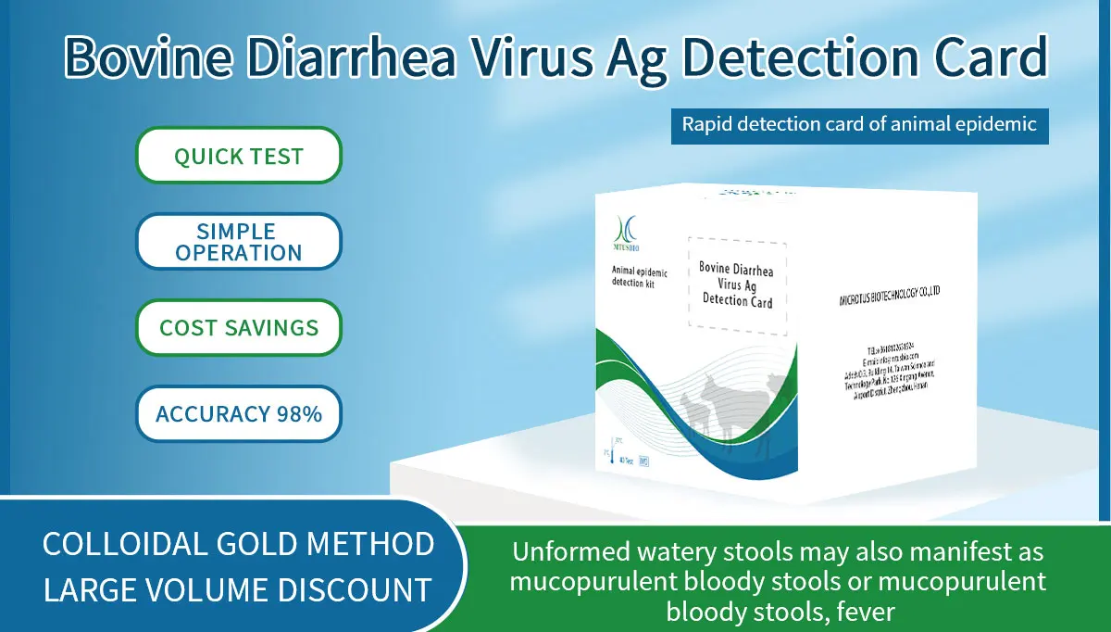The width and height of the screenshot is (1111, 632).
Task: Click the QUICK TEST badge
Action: click(239, 156)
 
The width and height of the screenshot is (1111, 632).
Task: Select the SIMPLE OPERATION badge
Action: click(239, 242)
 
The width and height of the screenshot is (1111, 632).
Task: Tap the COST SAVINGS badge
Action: click(239, 328)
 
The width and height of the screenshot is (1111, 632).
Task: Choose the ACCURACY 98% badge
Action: click(239, 413)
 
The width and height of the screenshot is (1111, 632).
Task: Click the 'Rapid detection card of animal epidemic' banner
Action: click(859, 124)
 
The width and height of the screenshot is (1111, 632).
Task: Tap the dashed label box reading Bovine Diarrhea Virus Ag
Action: click(736, 284)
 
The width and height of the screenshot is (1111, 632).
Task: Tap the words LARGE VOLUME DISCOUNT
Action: click(238, 589)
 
